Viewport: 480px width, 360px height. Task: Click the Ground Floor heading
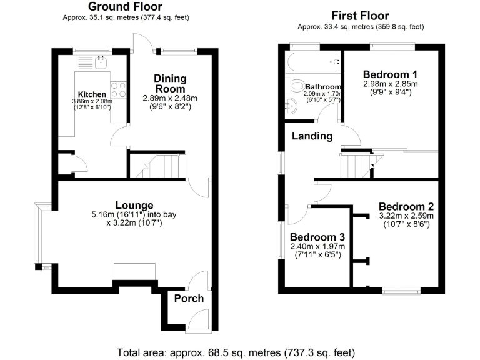point(125,7)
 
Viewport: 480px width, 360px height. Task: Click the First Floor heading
point(360,16)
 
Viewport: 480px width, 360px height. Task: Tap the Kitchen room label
point(91,94)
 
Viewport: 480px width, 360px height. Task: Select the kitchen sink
point(101,62)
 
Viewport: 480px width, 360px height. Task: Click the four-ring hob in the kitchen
point(118,89)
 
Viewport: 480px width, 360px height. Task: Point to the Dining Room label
point(170,83)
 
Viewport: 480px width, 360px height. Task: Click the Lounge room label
point(134,205)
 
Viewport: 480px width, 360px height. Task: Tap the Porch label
point(189,298)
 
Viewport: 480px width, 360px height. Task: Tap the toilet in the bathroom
point(297,87)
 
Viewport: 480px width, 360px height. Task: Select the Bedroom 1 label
point(391,72)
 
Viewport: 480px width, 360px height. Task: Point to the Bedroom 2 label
point(406,207)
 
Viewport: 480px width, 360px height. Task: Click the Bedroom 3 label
point(317,238)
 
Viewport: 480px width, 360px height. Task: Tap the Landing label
point(314,136)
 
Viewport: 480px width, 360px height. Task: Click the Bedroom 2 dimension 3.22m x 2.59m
point(406,216)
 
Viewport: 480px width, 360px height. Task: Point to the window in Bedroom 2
point(401,289)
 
